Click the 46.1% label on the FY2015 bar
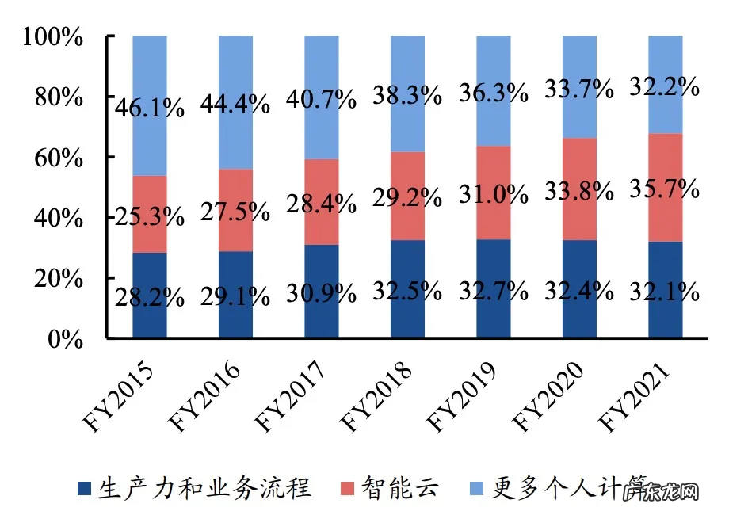[150, 107]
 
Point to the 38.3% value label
[406, 95]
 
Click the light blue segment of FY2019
[493, 119]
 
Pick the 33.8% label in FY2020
[578, 191]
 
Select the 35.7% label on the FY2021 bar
[665, 189]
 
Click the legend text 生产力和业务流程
[204, 487]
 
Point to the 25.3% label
[150, 216]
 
